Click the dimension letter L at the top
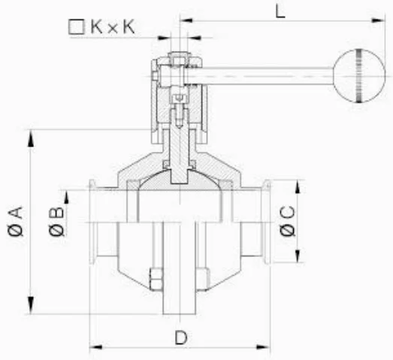[280, 11]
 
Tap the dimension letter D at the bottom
[180, 337]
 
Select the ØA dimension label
[16, 222]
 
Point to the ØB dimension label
[56, 222]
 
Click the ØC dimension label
[288, 221]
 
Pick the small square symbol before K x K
[76, 27]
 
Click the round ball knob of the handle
[359, 76]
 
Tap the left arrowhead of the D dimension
[95, 347]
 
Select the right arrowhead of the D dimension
[263, 347]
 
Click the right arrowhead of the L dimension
[378, 20]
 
